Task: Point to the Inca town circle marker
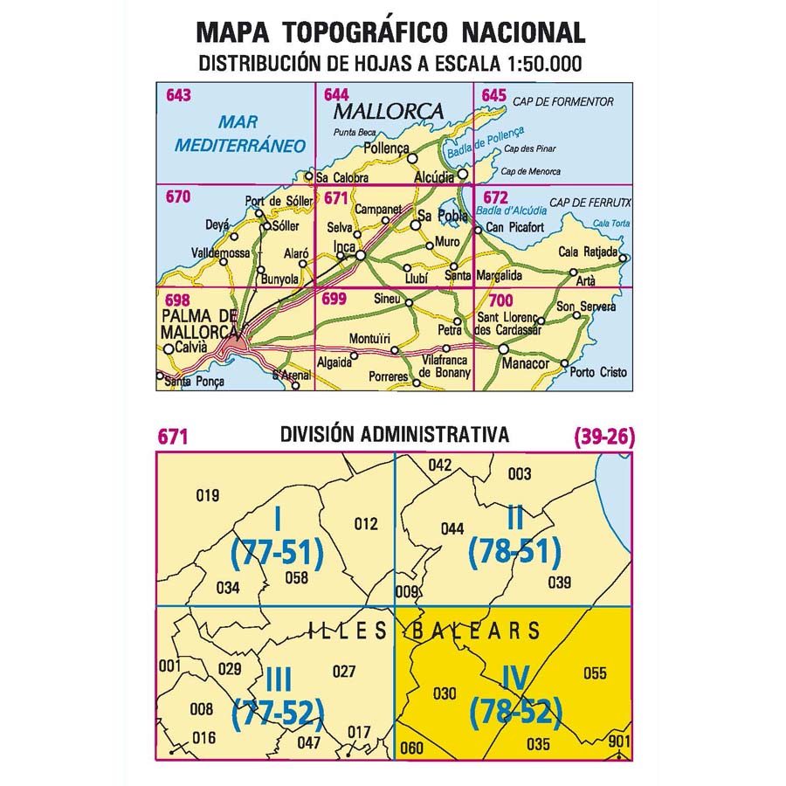coord(360,255)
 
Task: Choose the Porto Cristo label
coord(598,372)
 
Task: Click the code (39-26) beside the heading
coord(604,436)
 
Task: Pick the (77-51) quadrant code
coord(277,552)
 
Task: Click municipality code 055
coord(595,672)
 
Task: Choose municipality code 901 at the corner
coord(618,741)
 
